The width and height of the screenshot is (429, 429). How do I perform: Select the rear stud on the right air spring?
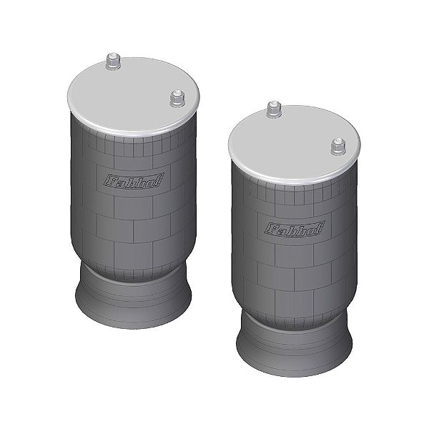point(272,109)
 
